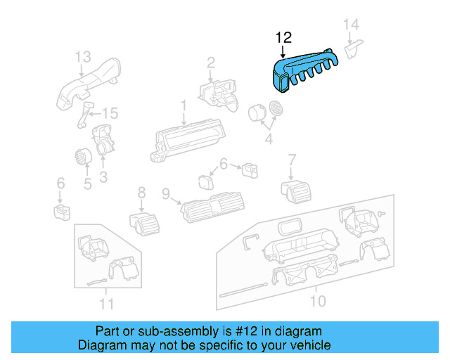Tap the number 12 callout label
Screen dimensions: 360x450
283,37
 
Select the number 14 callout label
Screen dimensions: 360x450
352,25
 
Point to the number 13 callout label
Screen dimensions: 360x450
83,56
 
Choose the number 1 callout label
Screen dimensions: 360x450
184,105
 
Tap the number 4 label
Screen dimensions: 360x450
268,140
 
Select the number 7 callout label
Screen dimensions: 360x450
292,160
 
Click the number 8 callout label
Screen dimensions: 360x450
141,192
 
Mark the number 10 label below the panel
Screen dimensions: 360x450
318,302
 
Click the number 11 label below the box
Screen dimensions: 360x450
105,304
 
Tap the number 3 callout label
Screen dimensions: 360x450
103,178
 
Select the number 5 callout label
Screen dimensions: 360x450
88,184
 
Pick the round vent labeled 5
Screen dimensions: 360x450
82,156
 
